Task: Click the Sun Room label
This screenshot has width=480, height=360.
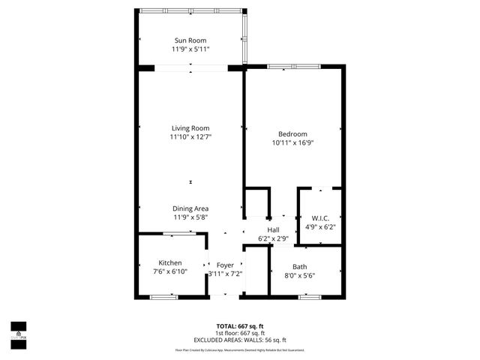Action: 190,40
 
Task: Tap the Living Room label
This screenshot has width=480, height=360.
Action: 190,127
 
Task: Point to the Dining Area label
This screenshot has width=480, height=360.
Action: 190,208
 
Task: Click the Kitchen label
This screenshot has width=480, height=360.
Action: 169,262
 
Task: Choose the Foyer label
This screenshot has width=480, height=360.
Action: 225,265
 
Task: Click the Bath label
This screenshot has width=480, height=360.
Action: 300,266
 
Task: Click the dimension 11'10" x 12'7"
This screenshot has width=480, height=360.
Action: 190,136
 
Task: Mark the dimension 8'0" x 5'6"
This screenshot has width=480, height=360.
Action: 300,275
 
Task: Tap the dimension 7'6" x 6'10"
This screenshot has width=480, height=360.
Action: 169,271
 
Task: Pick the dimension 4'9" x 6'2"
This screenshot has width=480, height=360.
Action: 321,226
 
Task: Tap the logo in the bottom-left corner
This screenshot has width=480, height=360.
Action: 18,331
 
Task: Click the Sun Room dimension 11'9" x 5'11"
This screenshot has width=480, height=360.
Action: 190,49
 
